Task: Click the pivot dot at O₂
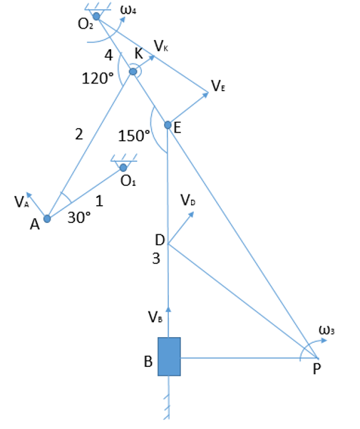coord(96,16)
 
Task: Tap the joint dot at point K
coord(133,72)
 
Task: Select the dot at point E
coord(168,125)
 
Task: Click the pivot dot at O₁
coord(123,167)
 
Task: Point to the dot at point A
coord(47,219)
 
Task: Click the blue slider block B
coord(169,356)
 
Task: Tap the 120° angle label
coord(98,78)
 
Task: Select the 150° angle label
coord(134,135)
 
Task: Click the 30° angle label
coord(79,218)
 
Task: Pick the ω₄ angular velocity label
coord(128,10)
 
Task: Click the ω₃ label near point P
coord(326,330)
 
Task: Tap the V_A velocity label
coord(21,202)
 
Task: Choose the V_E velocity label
coord(218,86)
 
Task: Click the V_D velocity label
coord(188,200)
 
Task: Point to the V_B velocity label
coord(155,317)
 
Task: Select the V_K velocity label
coord(161,46)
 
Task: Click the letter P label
coord(317,369)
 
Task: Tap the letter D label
coord(160,240)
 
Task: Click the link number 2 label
coord(79,135)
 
